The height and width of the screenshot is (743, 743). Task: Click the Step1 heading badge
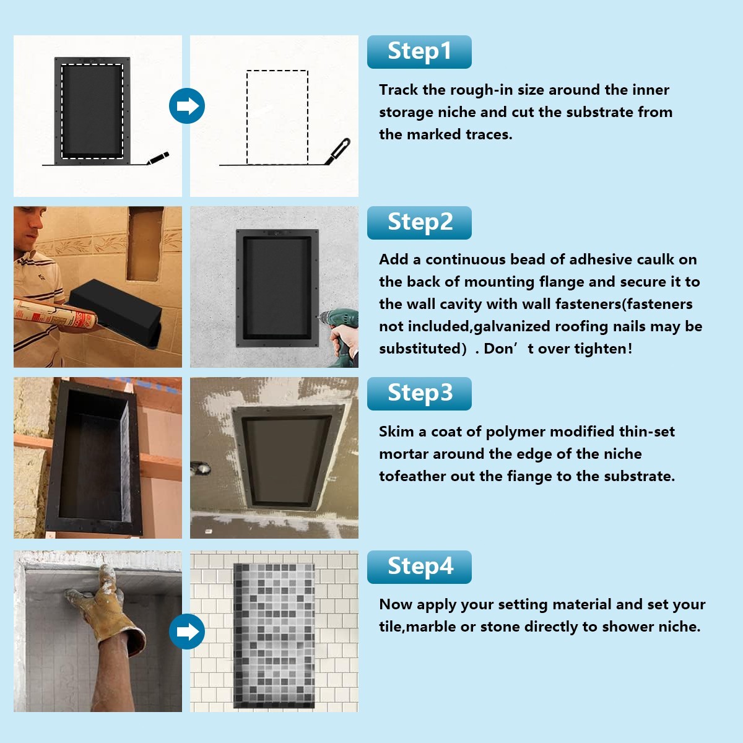coord(419,51)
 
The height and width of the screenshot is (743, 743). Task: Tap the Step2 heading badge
coord(419,222)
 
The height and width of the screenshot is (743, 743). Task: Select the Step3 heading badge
coord(419,393)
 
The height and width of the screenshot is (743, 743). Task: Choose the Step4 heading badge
coord(419,567)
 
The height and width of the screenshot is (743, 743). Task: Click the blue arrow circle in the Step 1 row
coord(186,106)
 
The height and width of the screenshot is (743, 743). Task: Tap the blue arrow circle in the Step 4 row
coord(186,631)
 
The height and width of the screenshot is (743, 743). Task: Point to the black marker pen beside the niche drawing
coord(158,158)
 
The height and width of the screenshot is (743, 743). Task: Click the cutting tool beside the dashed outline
coord(337,152)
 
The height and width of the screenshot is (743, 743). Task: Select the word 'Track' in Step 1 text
coord(398,90)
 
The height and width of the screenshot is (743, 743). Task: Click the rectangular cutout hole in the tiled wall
coord(144,244)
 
